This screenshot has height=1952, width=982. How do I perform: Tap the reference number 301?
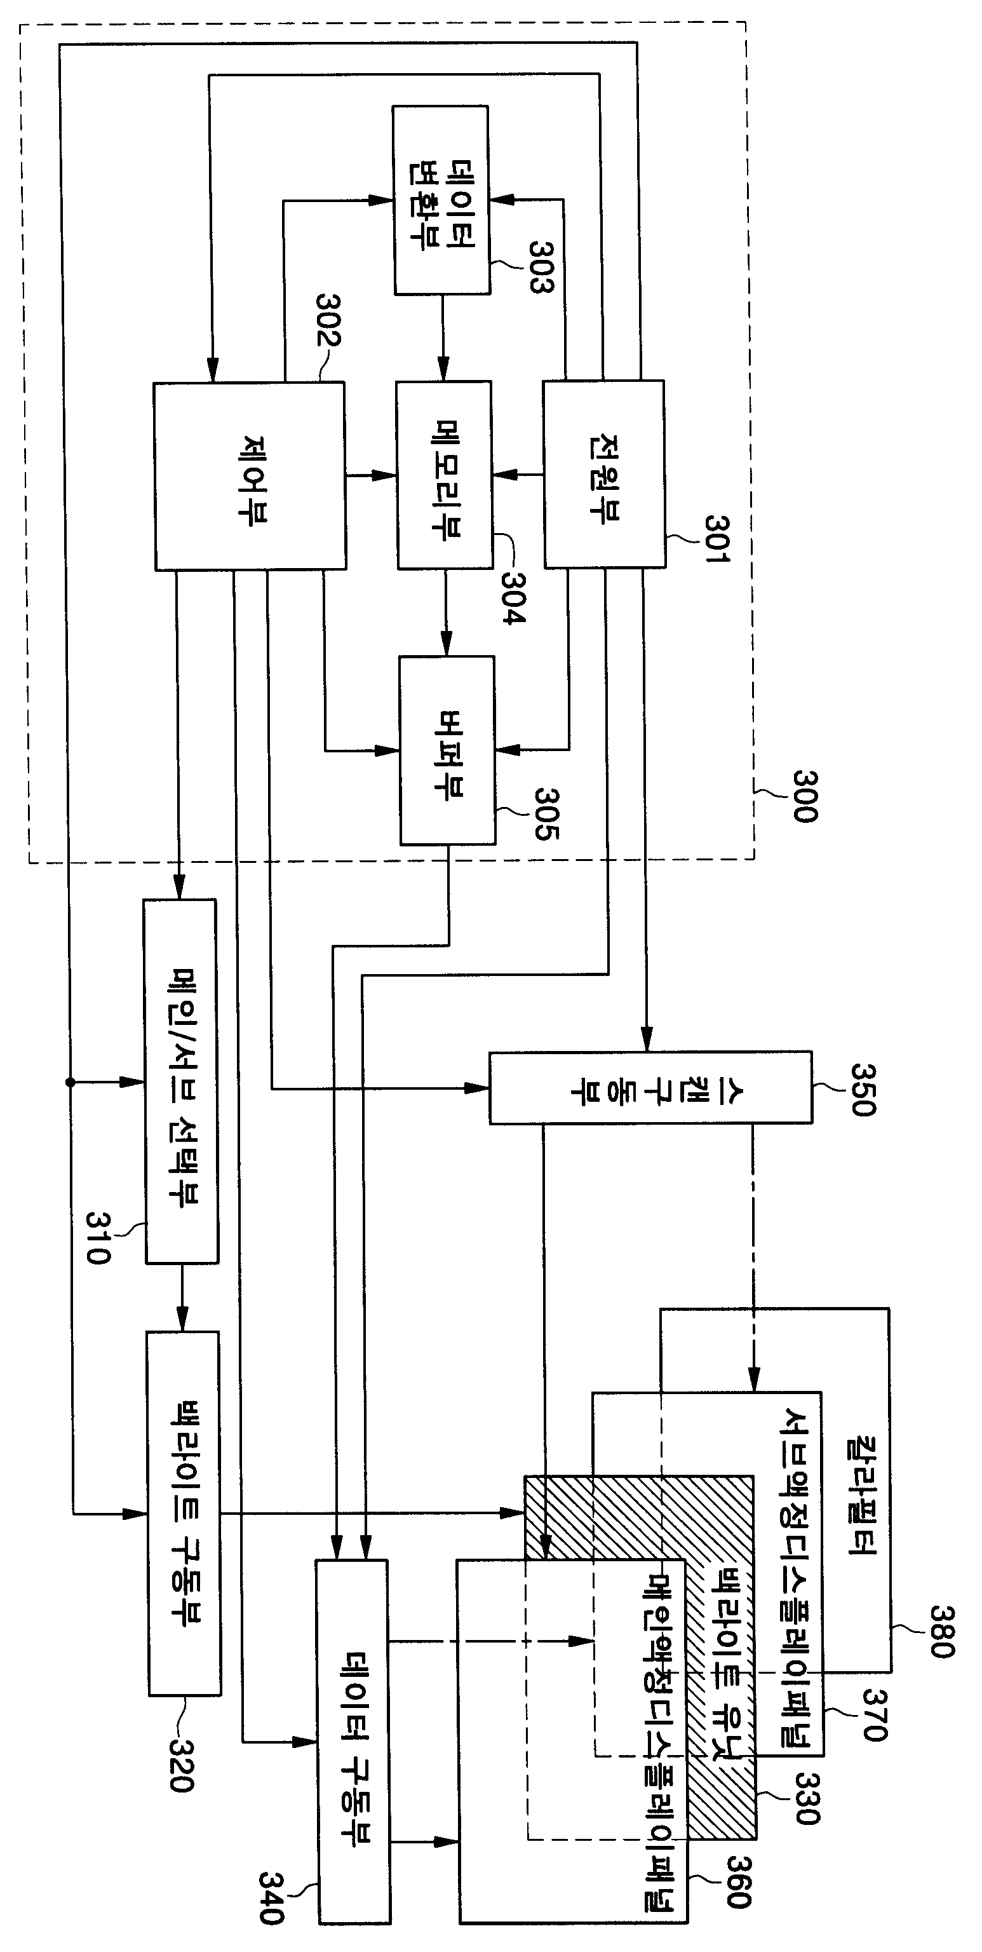(x=716, y=539)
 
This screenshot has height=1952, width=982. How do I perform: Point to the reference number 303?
(x=541, y=266)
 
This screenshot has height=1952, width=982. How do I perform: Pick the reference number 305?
(x=547, y=813)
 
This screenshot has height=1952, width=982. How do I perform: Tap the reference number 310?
(x=98, y=1237)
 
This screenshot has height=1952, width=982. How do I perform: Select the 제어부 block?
(x=250, y=476)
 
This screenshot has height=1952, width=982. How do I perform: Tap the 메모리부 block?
(x=445, y=475)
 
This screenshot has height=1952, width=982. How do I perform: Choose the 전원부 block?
(x=605, y=475)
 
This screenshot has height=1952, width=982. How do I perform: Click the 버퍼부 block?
(x=448, y=750)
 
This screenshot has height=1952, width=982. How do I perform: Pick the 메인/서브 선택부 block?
(x=181, y=1081)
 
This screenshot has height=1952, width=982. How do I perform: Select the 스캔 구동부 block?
(x=651, y=1087)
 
